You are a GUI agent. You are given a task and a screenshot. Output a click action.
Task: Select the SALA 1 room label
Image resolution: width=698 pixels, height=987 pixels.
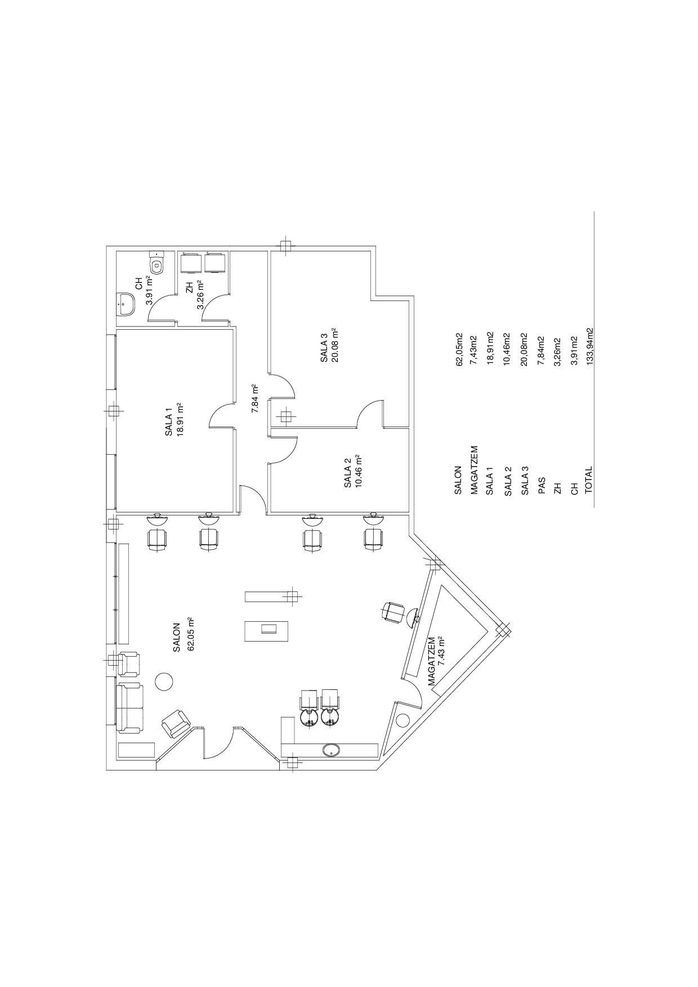[169, 420]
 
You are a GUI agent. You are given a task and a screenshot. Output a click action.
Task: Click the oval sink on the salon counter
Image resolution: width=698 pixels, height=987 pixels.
[330, 750]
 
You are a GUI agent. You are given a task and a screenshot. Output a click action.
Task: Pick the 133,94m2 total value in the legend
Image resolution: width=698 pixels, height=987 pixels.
[589, 347]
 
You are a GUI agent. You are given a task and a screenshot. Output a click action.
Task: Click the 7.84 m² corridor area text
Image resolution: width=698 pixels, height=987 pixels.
[254, 399]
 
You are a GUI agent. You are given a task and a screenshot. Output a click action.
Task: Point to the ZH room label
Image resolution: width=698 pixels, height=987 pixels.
[190, 288]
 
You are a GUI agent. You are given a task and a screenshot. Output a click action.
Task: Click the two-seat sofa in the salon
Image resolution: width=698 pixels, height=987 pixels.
[130, 708]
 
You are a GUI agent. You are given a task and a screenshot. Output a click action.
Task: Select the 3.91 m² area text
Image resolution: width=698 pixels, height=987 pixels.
[150, 290]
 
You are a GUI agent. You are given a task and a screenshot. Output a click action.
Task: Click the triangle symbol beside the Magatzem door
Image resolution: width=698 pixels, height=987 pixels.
[402, 720]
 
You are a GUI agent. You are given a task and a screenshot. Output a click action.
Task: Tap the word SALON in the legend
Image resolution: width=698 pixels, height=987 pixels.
[458, 480]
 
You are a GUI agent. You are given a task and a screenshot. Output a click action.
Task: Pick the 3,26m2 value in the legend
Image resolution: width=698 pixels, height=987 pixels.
[557, 352]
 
